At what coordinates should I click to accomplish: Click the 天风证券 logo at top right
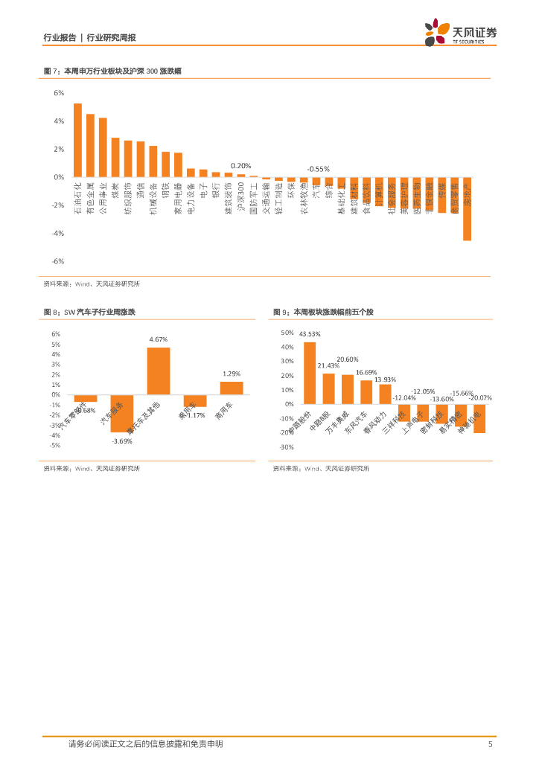click(460, 33)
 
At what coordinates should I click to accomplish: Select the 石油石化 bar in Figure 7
click(77, 140)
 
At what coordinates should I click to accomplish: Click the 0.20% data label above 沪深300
click(240, 166)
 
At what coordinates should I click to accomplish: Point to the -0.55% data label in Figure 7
click(319, 169)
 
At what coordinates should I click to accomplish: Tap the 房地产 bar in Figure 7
click(467, 209)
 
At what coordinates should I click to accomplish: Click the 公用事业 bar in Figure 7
click(103, 147)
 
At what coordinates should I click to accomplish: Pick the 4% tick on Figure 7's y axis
click(58, 121)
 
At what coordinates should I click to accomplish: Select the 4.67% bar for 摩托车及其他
click(158, 371)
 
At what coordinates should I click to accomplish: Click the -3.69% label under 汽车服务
click(121, 442)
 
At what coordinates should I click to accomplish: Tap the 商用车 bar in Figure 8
click(231, 388)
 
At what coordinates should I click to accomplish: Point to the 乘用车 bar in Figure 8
click(195, 400)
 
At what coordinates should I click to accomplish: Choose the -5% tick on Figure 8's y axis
click(55, 445)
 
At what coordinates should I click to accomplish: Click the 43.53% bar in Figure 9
click(310, 373)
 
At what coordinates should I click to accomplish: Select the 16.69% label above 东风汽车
click(366, 372)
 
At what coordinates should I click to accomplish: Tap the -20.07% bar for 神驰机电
click(479, 418)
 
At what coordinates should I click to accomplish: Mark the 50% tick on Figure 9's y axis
click(287, 333)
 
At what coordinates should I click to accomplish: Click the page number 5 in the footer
click(490, 744)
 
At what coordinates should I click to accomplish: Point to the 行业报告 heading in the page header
click(60, 37)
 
